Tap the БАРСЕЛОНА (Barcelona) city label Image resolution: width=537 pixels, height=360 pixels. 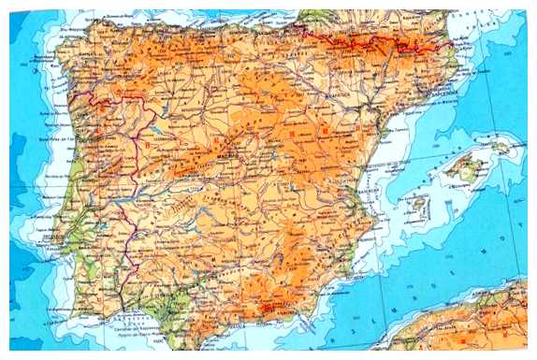447,94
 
